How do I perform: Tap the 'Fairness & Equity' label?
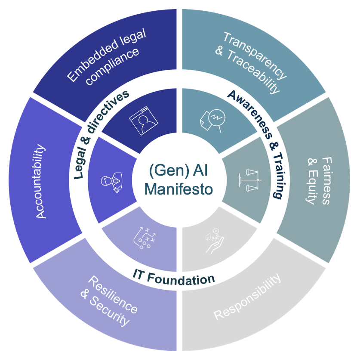pyautogui.click(x=319, y=181)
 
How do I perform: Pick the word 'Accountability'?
pyautogui.click(x=41, y=181)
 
